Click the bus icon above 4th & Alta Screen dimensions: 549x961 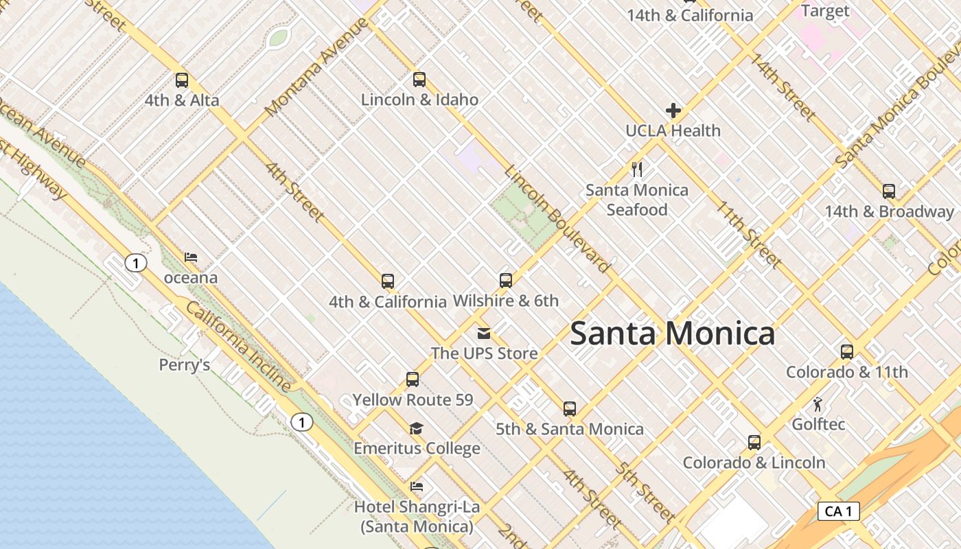(x=181, y=80)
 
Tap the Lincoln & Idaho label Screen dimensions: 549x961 (x=419, y=100)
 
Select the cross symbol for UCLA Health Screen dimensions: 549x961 (x=673, y=110)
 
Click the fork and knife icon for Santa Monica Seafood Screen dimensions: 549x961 (x=637, y=169)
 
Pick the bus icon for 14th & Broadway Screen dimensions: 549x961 (x=888, y=191)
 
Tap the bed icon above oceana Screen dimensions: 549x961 (x=191, y=258)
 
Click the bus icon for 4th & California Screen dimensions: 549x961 (x=387, y=281)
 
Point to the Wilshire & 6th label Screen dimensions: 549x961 (x=506, y=301)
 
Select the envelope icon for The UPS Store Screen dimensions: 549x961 (x=484, y=334)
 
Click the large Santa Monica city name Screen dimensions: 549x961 (x=672, y=334)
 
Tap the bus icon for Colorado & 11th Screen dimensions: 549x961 (x=846, y=352)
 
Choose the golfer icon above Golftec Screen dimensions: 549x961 (x=818, y=404)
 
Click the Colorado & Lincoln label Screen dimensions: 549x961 (x=754, y=463)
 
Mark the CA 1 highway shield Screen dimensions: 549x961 (x=838, y=511)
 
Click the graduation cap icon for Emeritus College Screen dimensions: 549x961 (x=416, y=429)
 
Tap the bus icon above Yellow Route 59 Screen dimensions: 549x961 (x=412, y=379)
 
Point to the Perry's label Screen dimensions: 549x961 (x=184, y=365)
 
